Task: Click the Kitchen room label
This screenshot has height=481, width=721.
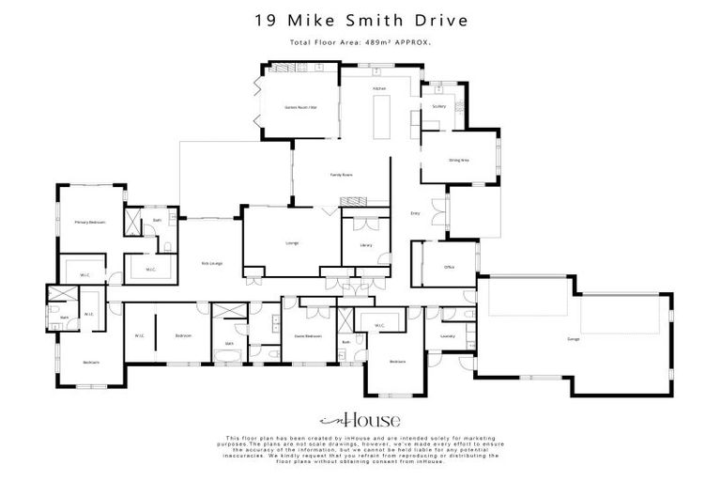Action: point(379,89)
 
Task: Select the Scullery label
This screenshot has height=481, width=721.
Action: point(438,106)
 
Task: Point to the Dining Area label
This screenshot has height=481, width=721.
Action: point(458,161)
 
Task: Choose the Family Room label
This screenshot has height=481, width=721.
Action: point(340,176)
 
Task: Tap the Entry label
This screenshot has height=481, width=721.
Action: point(416,213)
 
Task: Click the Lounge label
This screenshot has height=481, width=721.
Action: point(292,243)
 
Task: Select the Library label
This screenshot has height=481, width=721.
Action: point(365,245)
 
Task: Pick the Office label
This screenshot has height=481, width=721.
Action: point(449,268)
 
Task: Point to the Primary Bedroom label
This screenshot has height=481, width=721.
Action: point(89,222)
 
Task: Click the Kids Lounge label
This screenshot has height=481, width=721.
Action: point(211,263)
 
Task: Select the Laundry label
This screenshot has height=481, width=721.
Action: point(447,334)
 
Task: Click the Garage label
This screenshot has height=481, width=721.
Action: point(573,338)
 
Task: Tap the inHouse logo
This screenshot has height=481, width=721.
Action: point(360,420)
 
